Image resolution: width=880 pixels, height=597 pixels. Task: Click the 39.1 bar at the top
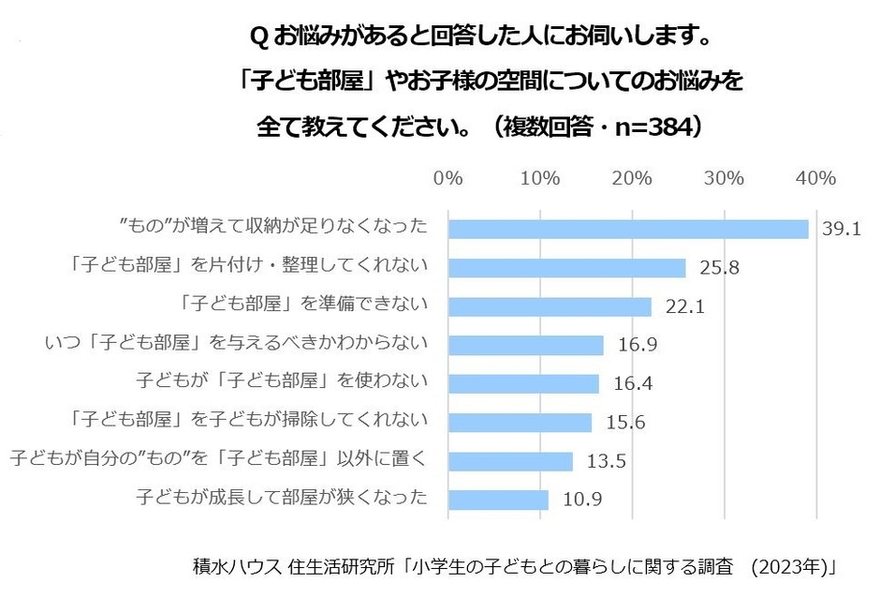[x=628, y=229]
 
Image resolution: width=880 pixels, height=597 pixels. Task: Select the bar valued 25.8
[x=567, y=268]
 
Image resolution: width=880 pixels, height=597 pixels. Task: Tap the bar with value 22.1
[x=550, y=306]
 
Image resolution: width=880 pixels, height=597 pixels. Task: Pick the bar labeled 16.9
[x=526, y=345]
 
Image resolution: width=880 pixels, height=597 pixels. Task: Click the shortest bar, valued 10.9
[x=498, y=500]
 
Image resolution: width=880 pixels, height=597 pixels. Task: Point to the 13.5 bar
[x=510, y=461]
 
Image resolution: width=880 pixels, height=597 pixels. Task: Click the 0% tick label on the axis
[x=448, y=178]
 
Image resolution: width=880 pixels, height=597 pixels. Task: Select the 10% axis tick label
[x=540, y=178]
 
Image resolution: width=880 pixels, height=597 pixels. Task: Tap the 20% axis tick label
[x=632, y=178]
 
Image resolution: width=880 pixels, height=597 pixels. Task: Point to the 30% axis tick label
[x=724, y=178]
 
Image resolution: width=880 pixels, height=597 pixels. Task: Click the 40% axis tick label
[x=815, y=178]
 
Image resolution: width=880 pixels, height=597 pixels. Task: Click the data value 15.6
[x=626, y=423]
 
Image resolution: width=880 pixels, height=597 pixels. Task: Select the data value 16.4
[x=634, y=384]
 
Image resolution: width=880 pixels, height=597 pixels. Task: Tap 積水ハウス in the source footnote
[x=227, y=568]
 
